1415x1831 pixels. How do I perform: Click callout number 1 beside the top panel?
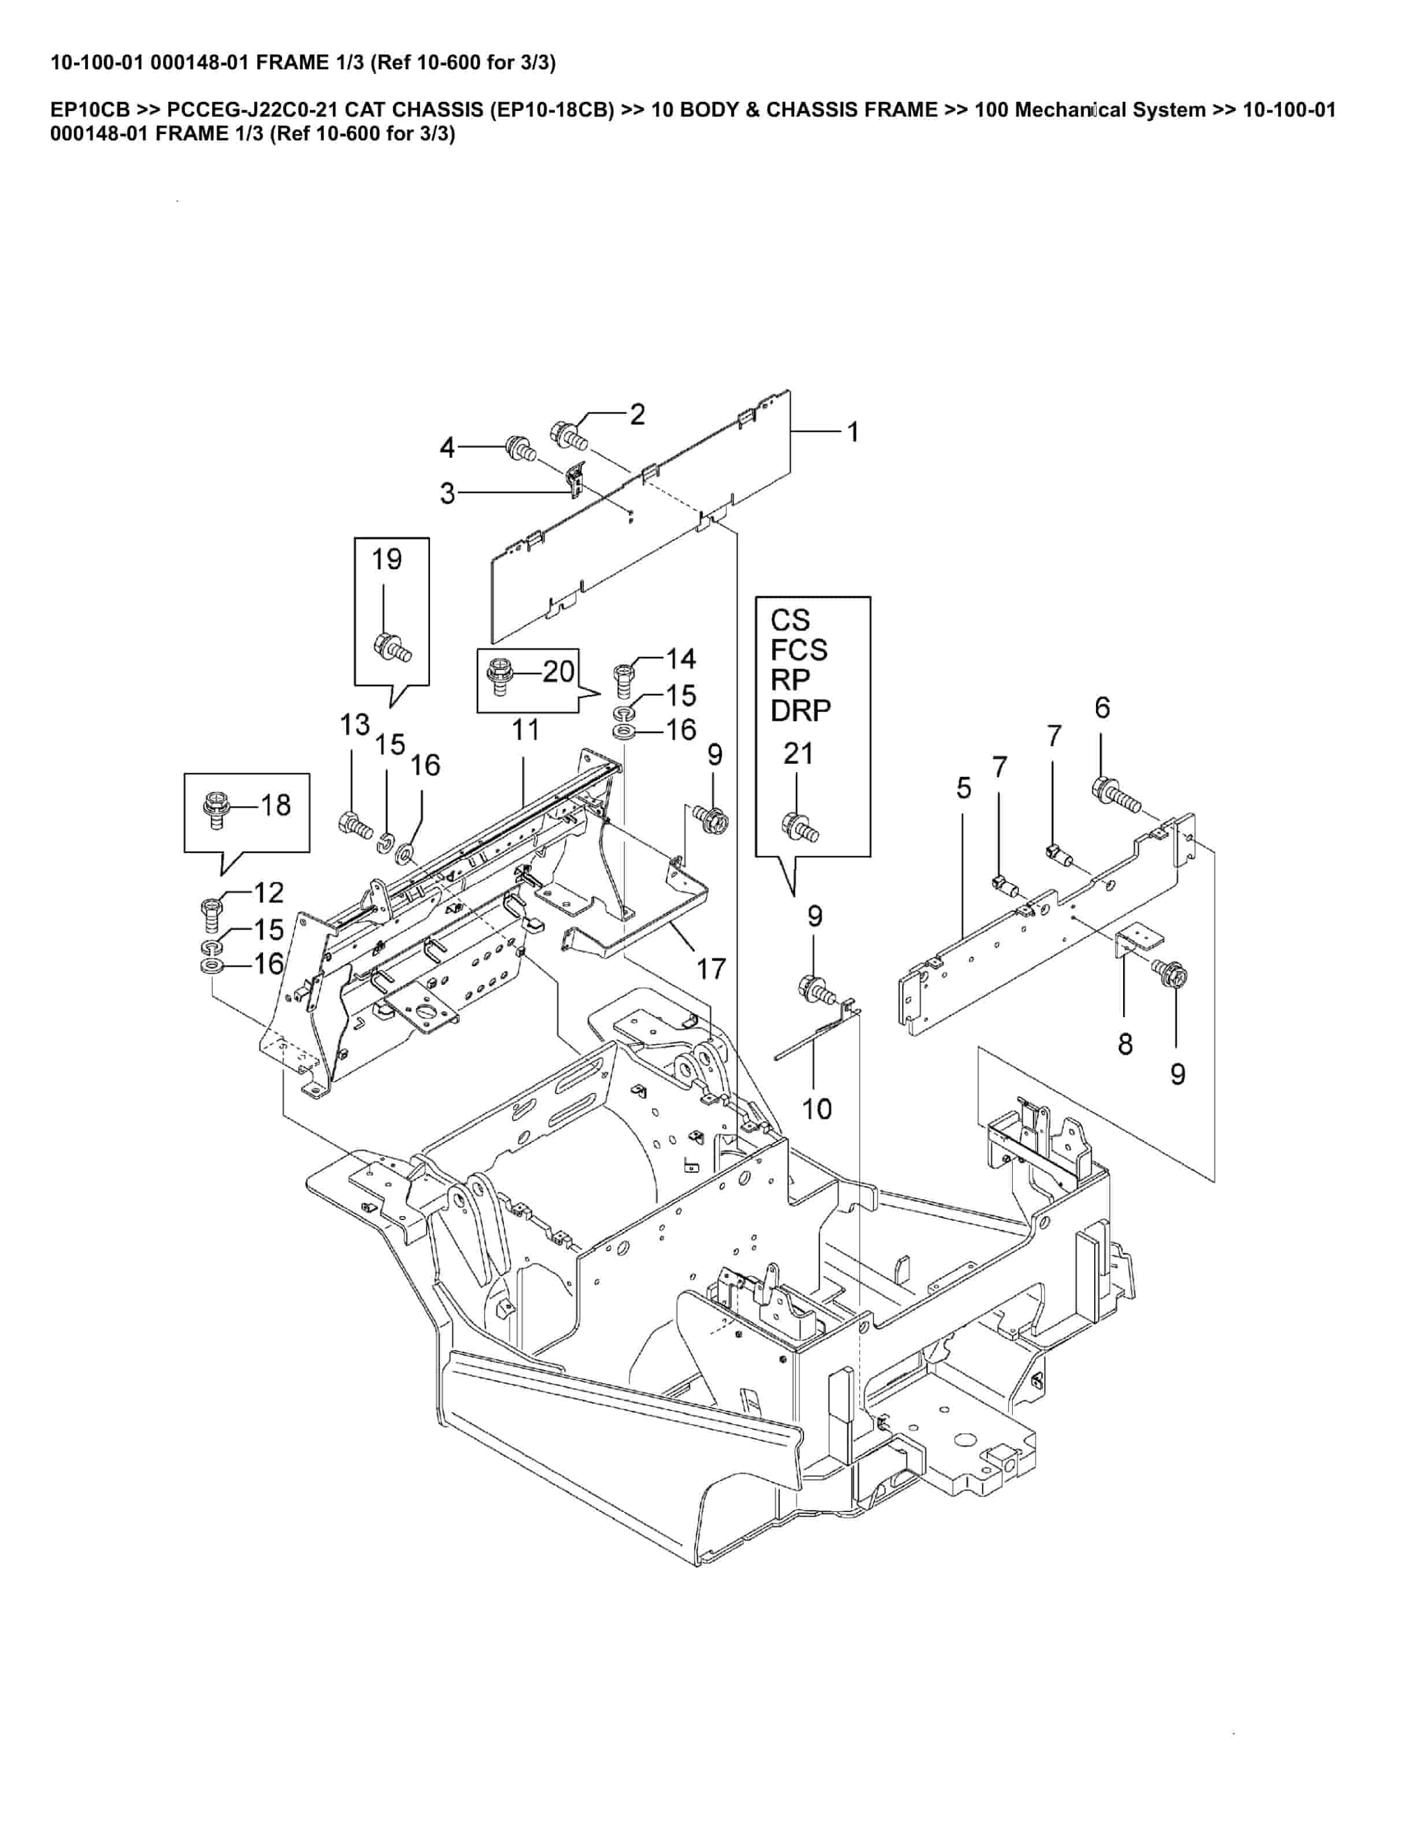(853, 432)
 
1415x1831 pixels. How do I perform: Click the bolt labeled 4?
(521, 449)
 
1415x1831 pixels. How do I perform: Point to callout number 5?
(964, 788)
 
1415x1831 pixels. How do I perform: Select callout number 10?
(817, 1109)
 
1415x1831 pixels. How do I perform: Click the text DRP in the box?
(801, 711)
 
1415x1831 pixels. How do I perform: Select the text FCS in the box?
(799, 650)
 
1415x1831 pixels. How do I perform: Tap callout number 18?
(275, 806)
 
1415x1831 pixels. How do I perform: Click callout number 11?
(525, 730)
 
